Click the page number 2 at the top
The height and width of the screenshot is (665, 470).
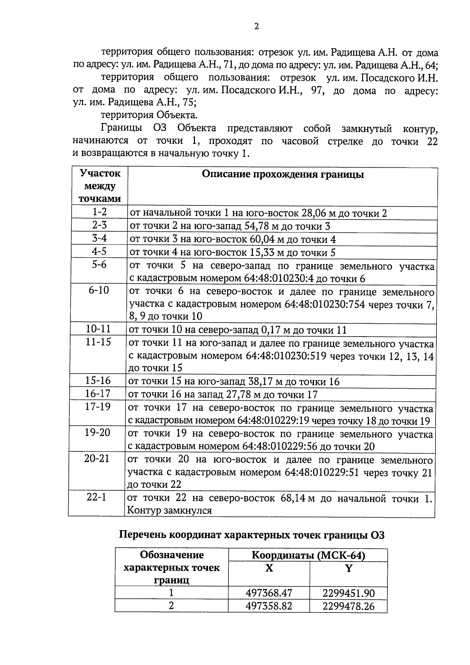(257, 27)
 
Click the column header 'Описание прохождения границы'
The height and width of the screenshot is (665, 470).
(282, 174)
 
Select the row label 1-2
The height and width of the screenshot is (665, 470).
(99, 212)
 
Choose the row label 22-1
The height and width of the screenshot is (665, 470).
(96, 497)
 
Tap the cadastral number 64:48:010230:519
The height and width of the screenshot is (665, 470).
(286, 356)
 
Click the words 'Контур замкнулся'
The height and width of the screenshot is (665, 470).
(169, 511)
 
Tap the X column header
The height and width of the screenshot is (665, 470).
(269, 568)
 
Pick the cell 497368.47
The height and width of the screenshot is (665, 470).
(269, 593)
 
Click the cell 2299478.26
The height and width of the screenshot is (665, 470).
(348, 607)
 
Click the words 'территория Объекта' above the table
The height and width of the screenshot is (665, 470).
(149, 115)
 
